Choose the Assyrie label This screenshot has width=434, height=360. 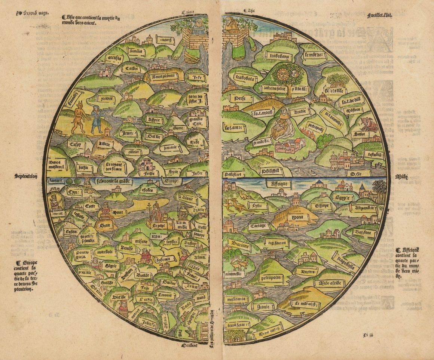(x=155, y=120)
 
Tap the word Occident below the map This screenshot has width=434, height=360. (x=189, y=346)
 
